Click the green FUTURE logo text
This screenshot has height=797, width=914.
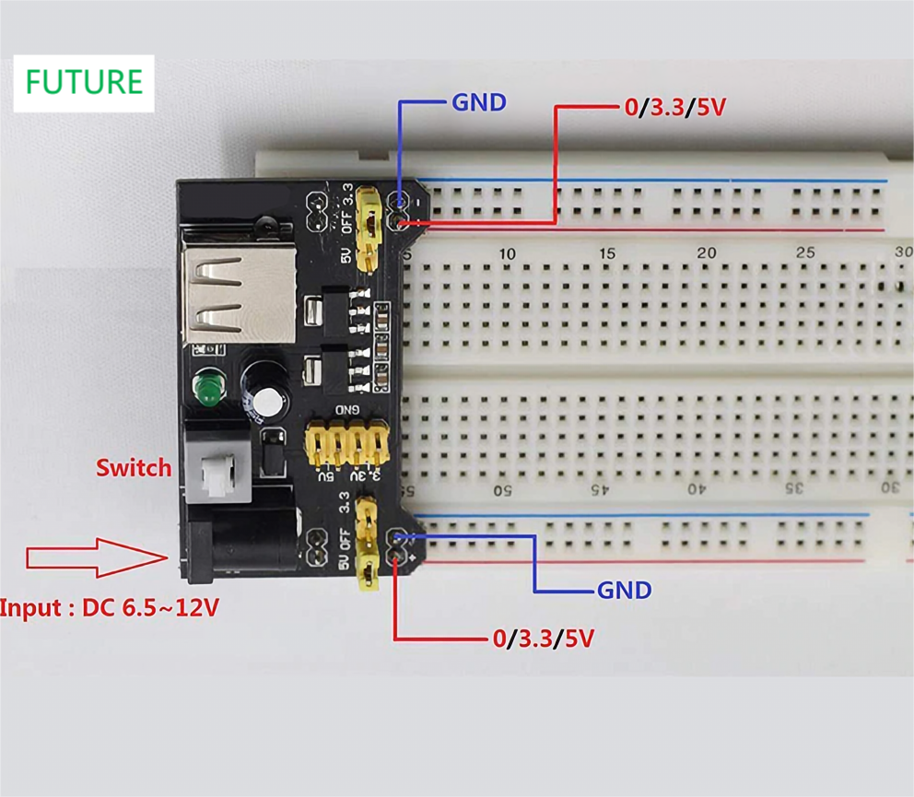[x=84, y=82]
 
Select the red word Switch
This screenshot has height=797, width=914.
[x=135, y=467]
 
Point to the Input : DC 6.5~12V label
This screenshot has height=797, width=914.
[x=110, y=608]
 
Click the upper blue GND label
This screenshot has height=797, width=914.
[x=478, y=102]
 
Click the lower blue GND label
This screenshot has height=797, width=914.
[x=624, y=590]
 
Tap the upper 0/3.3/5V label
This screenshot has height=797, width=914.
[x=674, y=108]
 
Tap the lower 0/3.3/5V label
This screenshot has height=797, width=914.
[x=543, y=639]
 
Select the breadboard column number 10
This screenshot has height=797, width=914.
[x=507, y=253]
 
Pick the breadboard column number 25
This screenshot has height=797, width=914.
[x=805, y=253]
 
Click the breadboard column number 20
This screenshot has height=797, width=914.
[x=706, y=253]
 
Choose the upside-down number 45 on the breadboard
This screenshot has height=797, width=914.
[x=600, y=488]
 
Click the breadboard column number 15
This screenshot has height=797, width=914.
[x=606, y=253]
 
